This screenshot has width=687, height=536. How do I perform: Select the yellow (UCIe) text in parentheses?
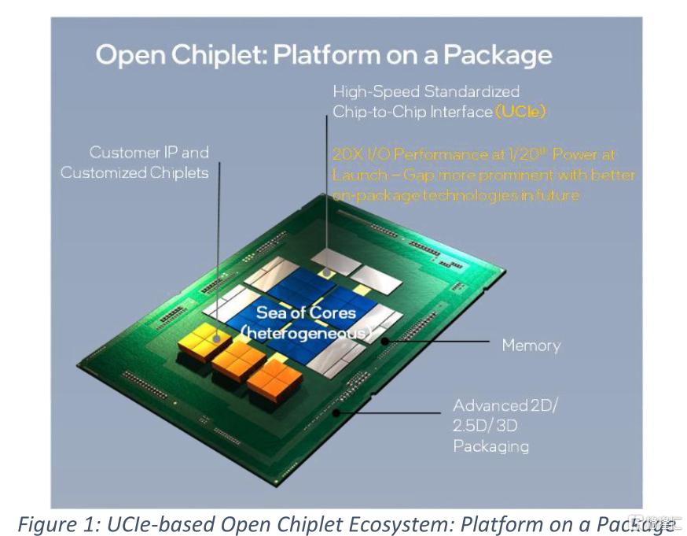click(x=520, y=112)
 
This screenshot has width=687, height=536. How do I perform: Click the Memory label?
click(x=531, y=345)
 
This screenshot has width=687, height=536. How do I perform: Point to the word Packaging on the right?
click(x=490, y=445)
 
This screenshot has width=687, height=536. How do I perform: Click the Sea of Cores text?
click(x=306, y=312)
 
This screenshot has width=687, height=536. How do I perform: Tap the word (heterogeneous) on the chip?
click(x=305, y=334)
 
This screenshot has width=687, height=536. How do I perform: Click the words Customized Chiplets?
click(x=134, y=172)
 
